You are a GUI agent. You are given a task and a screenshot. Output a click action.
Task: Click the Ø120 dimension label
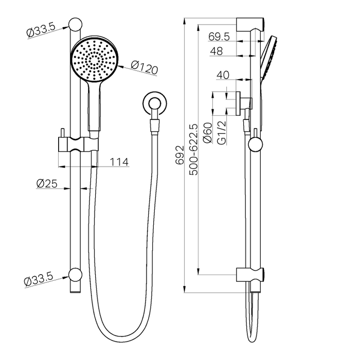tap(143, 67)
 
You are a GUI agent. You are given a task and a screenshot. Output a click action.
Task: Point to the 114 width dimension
tap(119, 162)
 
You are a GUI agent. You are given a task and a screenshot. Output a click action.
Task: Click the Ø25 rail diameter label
tap(46, 183)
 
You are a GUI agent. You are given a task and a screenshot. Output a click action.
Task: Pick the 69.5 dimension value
tap(219, 37)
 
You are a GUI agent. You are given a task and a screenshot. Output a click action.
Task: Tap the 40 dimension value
tap(222, 75)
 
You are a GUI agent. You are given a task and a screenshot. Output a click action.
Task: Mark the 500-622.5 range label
tap(194, 149)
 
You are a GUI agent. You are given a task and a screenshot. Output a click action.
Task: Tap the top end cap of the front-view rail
tap(76, 24)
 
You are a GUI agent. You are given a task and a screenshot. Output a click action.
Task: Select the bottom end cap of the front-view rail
tap(76, 274)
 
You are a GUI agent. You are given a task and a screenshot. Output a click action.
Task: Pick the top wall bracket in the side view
tap(250, 24)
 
